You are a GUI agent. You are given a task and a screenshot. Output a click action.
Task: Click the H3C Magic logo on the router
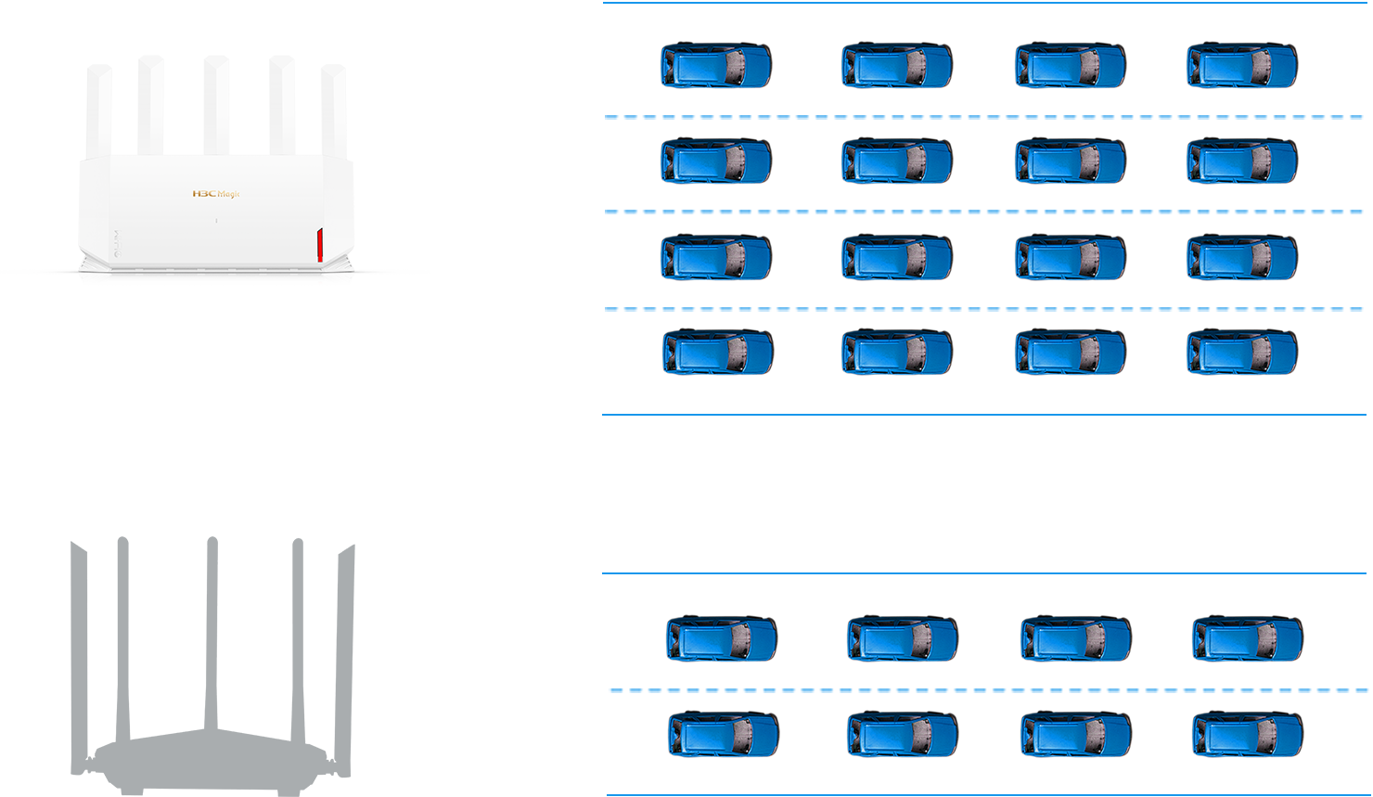215,194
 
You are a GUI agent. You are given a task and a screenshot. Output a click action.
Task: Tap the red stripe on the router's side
320,245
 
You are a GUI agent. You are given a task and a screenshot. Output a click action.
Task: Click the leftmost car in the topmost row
716,65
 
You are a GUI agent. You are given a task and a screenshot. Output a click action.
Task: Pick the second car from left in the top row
897,65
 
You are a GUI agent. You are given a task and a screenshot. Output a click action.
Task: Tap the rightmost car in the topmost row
1242,65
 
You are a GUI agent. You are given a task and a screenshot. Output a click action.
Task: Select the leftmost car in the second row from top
716,161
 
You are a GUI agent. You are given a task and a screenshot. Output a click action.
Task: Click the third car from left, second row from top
1071,161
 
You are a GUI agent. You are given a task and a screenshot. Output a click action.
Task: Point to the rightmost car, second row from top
1242,161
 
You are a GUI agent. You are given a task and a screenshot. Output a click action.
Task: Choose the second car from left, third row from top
897,257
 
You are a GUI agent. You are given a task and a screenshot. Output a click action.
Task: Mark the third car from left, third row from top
1071,257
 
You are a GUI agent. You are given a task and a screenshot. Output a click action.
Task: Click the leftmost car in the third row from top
716,257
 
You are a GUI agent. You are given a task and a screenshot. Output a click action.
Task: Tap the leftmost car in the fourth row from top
718,352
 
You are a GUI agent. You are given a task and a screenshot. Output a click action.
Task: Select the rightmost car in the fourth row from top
1242,352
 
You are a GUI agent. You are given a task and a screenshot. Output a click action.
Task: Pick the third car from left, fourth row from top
1071,352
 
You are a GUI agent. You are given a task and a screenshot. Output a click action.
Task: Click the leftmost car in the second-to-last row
722,638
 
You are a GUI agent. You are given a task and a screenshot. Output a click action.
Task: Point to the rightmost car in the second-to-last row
1248,638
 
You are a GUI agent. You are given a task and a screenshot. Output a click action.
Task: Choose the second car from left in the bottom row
903,734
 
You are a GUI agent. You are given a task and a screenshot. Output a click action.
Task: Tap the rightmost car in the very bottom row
1248,734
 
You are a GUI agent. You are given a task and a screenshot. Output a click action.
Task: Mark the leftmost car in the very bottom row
724,734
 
